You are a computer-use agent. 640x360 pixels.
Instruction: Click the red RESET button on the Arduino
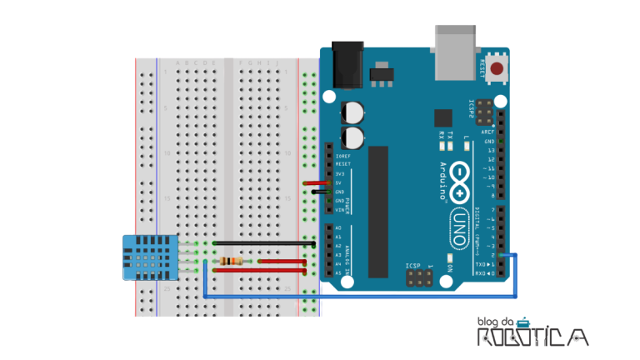(497, 69)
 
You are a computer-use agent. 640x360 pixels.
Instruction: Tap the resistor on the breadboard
(228, 261)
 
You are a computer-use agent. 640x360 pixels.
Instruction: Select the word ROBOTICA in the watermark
(532, 337)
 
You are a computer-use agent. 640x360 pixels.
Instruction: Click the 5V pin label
(339, 183)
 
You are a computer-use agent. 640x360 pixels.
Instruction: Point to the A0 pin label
(338, 228)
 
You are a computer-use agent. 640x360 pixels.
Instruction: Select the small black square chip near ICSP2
(443, 117)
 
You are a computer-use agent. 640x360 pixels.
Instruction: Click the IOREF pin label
(342, 156)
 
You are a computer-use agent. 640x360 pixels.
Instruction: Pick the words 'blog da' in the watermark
(496, 322)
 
